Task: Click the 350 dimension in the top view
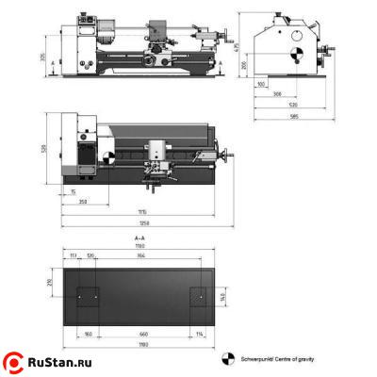tap(84, 202)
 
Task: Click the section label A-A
tap(139, 241)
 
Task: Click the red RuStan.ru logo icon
tap(15, 361)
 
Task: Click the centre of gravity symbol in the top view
tap(109, 157)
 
